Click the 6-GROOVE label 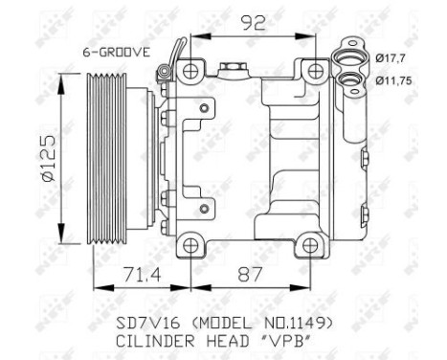pos(115,53)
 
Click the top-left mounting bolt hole pos(192,70)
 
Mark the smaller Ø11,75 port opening pos(358,82)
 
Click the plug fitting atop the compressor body pos(230,68)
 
